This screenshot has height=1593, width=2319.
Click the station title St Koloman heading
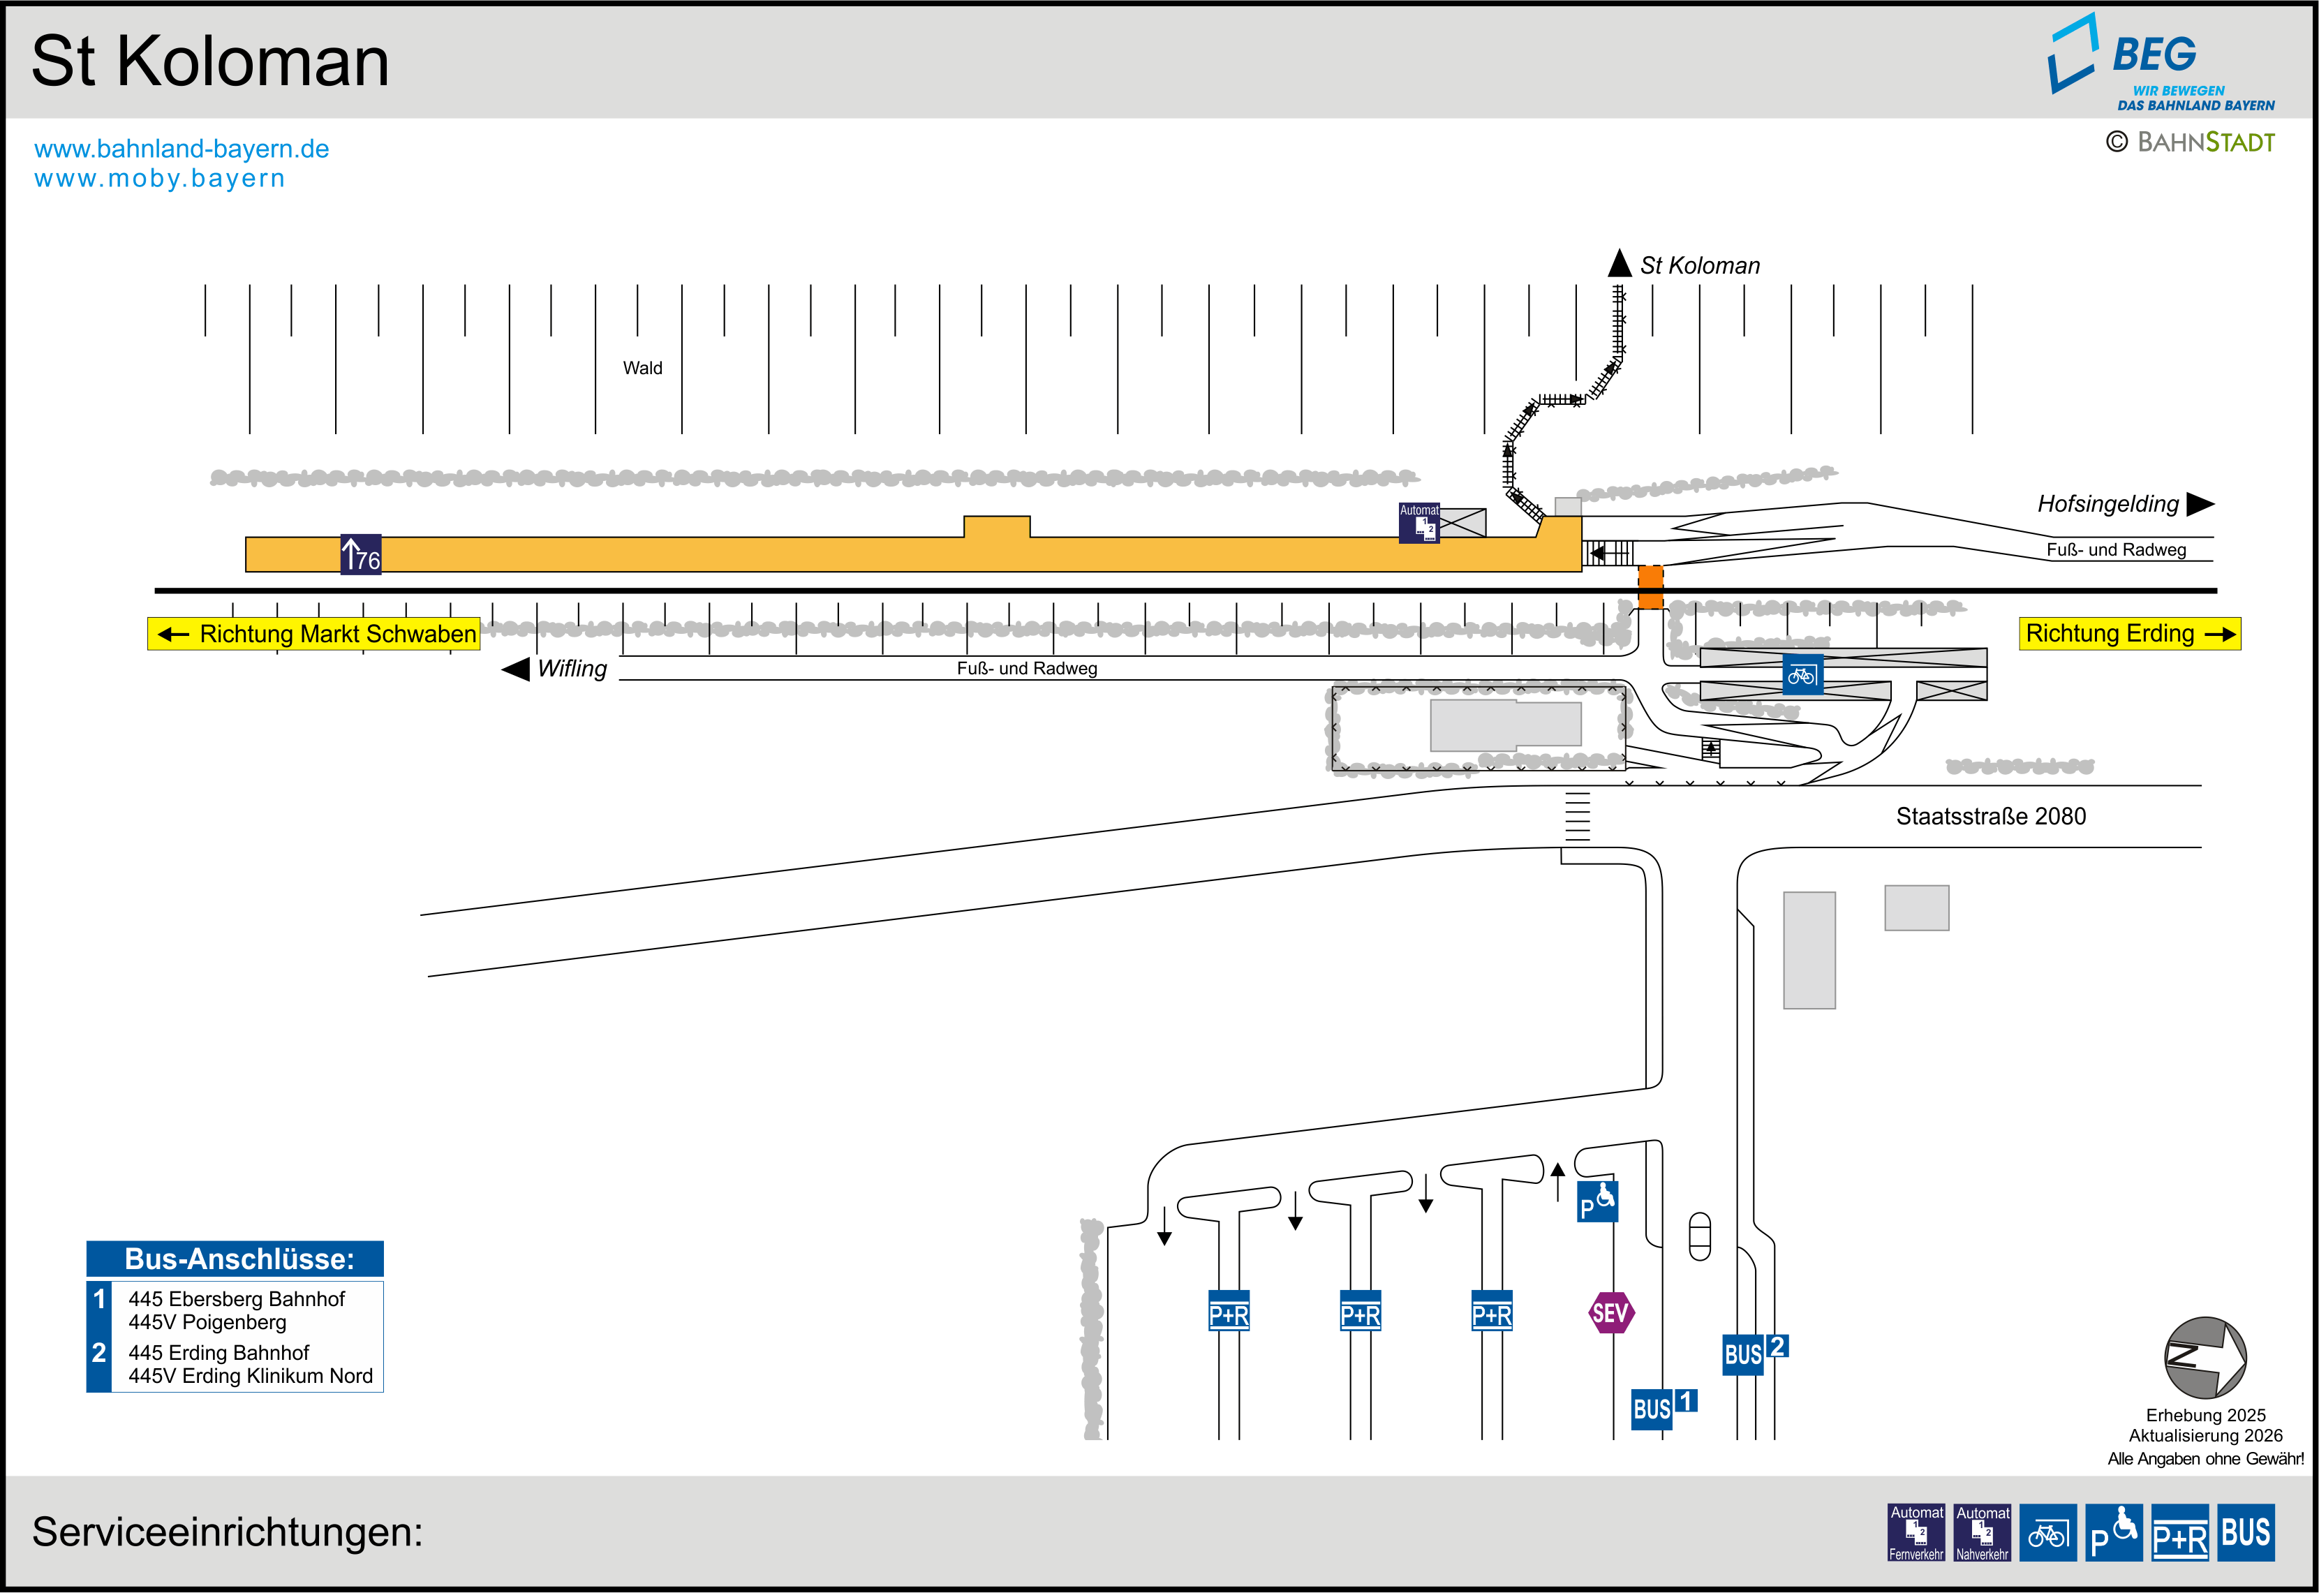[x=209, y=62]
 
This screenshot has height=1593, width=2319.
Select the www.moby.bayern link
[x=160, y=179]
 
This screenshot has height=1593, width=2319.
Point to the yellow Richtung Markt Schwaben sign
[x=314, y=634]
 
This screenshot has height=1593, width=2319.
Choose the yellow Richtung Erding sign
[x=2128, y=634]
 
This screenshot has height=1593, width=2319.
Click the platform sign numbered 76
[x=360, y=554]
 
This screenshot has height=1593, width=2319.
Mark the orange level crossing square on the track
[x=1650, y=587]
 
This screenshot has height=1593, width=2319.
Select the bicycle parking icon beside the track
[x=1802, y=675]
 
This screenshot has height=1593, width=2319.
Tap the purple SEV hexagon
[x=1610, y=1312]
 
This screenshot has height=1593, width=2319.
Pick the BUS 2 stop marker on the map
[x=1754, y=1352]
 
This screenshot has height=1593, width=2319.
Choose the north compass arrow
[x=2205, y=1358]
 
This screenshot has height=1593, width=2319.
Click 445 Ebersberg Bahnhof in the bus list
[x=237, y=1298]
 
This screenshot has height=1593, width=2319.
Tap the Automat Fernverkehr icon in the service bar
[x=1916, y=1532]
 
